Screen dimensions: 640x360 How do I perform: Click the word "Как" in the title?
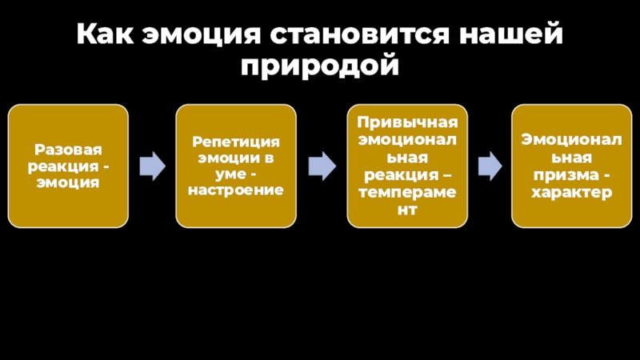tap(105, 34)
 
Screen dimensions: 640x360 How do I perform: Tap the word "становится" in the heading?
tap(359, 34)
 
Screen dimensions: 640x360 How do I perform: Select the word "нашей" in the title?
tap(511, 34)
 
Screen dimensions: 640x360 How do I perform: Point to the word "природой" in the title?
tap(319, 65)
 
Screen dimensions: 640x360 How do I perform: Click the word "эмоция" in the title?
tap(202, 34)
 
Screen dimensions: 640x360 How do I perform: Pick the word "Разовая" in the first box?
tap(68, 150)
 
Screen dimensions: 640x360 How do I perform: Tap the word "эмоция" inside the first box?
tap(68, 182)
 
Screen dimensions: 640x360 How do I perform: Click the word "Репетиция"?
tap(236, 142)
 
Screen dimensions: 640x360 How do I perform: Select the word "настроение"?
tap(236, 190)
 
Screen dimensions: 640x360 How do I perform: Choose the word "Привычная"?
tap(407, 122)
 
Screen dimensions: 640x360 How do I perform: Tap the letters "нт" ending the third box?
tap(407, 210)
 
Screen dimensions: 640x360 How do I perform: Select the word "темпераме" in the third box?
tap(407, 192)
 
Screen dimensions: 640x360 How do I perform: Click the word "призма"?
tap(566, 175)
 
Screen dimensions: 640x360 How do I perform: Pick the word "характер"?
tap(571, 192)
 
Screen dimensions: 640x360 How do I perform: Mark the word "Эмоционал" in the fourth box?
tap(571, 140)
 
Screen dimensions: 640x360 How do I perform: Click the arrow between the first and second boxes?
tap(153, 166)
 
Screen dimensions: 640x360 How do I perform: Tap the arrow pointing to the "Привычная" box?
tap(322, 166)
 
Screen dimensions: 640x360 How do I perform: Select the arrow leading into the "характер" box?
tap(490, 166)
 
